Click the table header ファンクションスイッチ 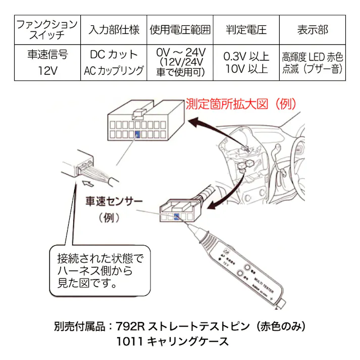pyautogui.click(x=47, y=30)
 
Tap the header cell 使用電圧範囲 pyautogui.click(x=180, y=30)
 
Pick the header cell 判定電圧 pyautogui.click(x=246, y=30)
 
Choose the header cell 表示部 pyautogui.click(x=313, y=30)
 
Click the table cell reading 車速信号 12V pyautogui.click(x=47, y=62)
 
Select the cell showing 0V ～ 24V pyautogui.click(x=180, y=53)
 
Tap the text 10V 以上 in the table pyautogui.click(x=246, y=69)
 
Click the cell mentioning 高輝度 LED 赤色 pyautogui.click(x=313, y=57)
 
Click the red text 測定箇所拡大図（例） pyautogui.click(x=240, y=104)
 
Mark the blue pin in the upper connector pyautogui.click(x=138, y=134)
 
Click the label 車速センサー pyautogui.click(x=114, y=201)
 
